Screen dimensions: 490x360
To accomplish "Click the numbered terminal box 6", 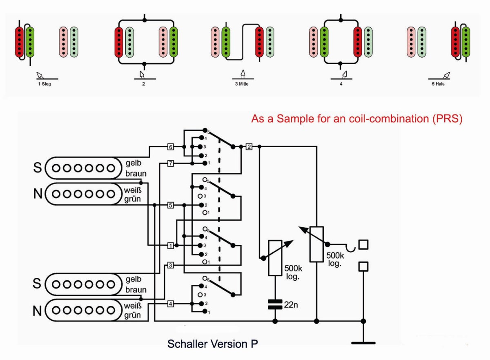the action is click(171, 147).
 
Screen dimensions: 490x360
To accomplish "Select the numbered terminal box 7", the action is click(171, 163).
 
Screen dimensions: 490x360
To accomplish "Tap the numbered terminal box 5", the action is click(171, 205).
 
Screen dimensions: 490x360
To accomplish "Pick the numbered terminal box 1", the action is click(171, 246).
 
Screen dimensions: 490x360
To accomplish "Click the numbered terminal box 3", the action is click(171, 266).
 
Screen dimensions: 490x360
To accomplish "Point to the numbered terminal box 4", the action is click(171, 304).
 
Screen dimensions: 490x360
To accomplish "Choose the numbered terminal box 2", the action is click(249, 147).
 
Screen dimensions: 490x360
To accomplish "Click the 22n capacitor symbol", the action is click(275, 304).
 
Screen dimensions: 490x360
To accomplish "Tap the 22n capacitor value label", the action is click(291, 305).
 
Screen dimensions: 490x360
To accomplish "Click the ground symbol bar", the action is click(363, 343).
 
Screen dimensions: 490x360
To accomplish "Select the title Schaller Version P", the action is click(213, 344).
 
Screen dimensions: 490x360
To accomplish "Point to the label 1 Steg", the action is click(45, 84).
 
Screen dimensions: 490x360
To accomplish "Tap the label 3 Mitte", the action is click(242, 84).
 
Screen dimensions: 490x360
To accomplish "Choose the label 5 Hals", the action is click(438, 84).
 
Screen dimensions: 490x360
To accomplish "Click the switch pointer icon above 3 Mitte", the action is click(243, 74).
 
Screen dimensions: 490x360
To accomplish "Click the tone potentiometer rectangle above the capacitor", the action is click(275, 258).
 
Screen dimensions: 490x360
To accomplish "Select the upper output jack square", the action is click(363, 245).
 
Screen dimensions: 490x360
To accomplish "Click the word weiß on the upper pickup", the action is click(133, 190).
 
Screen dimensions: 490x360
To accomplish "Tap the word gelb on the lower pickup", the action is click(134, 279).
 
